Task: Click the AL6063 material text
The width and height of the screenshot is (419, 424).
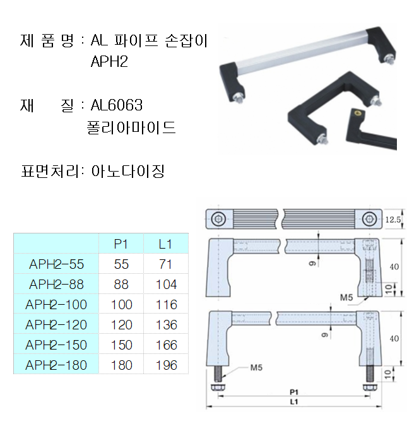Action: pos(117,105)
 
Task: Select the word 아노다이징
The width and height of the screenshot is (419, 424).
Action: pos(128,171)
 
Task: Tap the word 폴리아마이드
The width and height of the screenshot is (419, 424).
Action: pos(131,127)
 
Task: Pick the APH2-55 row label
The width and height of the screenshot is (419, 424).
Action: pos(56,264)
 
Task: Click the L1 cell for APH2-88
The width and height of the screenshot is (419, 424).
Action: pos(166,284)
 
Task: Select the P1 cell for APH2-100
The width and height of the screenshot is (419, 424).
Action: pos(121,304)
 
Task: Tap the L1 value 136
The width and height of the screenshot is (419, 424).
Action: pos(166,324)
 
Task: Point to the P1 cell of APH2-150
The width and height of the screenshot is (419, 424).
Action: pos(121,344)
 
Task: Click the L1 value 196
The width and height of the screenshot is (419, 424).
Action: pos(166,365)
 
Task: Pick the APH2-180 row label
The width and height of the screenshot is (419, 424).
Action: pos(56,365)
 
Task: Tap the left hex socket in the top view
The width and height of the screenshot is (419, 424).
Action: pos(219,220)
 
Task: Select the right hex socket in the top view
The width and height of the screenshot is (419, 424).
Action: pos(369,220)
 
